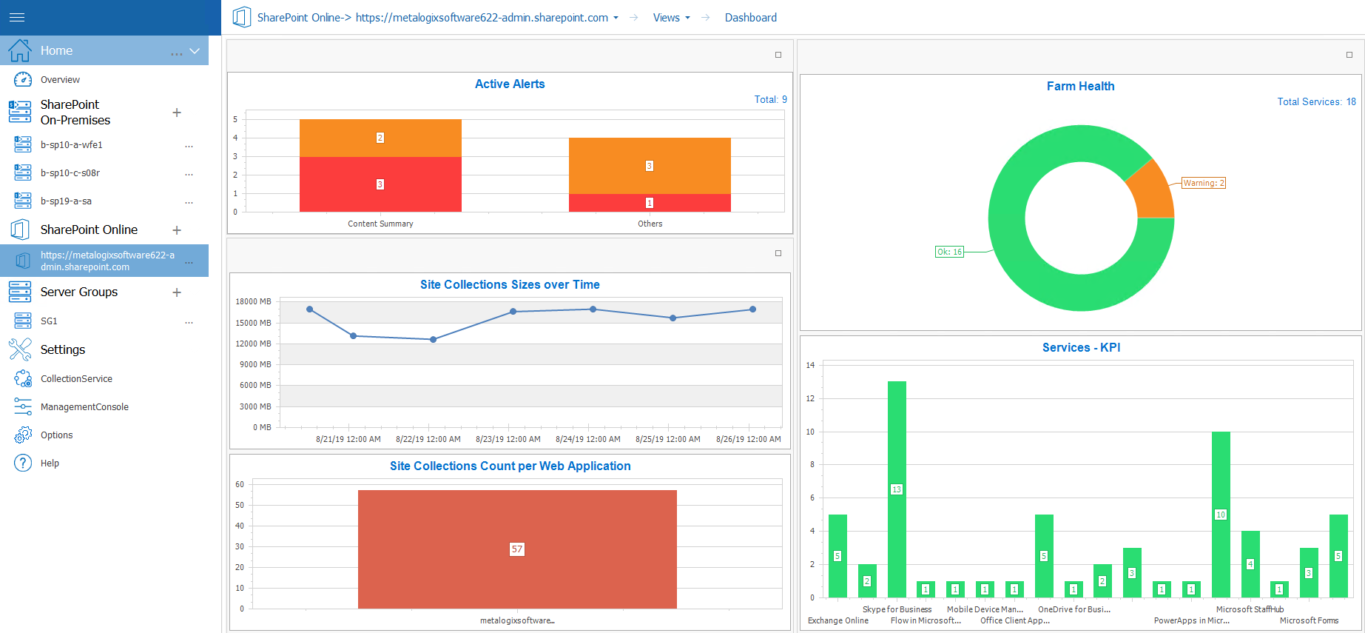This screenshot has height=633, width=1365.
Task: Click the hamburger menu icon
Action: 17,17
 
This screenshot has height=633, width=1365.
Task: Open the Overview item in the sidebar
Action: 60,80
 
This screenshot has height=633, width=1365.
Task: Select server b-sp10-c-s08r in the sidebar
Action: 70,173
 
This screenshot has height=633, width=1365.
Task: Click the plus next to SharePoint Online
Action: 177,230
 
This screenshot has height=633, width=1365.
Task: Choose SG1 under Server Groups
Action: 49,321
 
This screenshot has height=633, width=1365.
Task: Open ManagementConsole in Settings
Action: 84,407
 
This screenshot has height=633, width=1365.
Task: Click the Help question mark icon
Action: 23,463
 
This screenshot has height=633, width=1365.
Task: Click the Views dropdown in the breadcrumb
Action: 671,18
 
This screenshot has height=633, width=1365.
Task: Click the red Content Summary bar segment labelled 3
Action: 380,184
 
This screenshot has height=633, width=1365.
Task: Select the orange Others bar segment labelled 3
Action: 650,166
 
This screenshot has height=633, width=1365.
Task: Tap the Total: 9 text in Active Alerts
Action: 770,99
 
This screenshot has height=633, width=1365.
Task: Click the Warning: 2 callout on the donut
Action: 1204,183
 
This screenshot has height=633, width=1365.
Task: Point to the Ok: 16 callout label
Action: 949,252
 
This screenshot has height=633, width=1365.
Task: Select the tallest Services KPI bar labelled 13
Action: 897,489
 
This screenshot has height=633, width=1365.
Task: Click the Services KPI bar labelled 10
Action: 1221,514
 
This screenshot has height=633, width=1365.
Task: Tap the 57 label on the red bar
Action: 516,549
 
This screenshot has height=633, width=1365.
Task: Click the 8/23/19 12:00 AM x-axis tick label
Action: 508,439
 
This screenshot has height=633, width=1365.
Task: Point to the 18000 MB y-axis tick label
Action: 253,301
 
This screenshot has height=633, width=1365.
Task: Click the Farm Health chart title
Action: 1080,86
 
